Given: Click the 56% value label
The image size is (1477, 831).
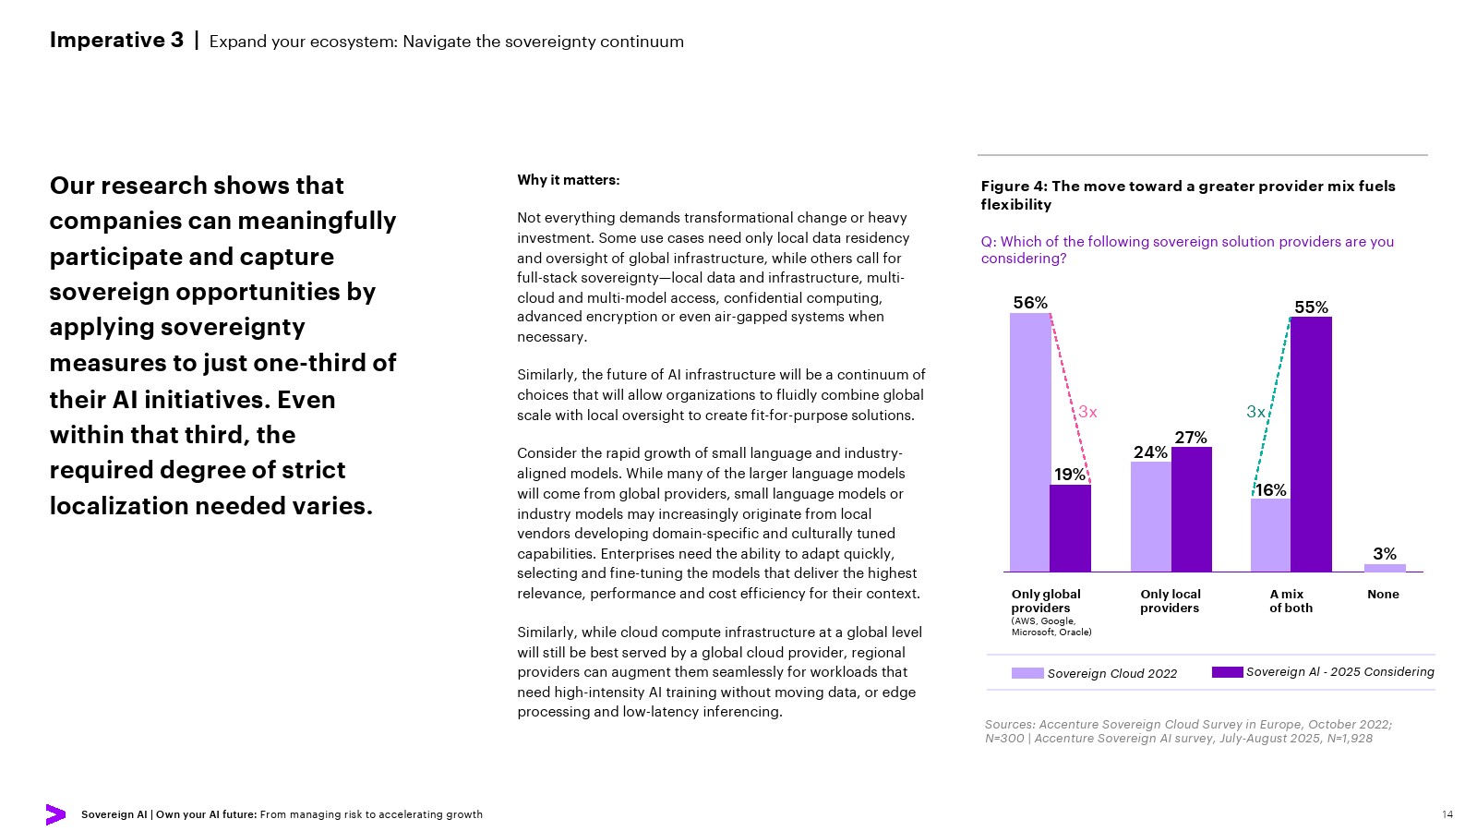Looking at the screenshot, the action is point(1030,303).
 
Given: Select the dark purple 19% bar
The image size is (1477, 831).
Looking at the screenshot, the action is point(1070,528).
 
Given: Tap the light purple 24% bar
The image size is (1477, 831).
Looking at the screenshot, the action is point(1150,516).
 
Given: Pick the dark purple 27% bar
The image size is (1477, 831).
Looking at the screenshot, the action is point(1192,509).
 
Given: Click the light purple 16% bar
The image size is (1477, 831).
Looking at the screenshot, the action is point(1270,535).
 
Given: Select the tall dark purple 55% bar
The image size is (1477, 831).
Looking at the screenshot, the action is point(1311,444).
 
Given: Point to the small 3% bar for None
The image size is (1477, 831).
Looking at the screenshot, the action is point(1385,568).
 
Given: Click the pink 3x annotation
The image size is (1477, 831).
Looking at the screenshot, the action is point(1087,412).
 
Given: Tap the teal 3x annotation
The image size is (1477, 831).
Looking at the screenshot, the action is point(1255,412).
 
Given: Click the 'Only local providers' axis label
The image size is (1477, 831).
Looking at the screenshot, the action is point(1170,601).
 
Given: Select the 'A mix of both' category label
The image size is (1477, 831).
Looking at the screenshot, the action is point(1291,601).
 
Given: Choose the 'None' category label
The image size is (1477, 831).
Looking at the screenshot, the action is point(1383,595).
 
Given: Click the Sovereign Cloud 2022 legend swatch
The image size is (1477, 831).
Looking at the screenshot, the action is point(1027,673).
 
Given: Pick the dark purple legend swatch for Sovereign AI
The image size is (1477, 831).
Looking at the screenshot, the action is point(1227,672).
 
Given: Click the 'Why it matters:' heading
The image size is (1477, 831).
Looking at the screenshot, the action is point(569,180).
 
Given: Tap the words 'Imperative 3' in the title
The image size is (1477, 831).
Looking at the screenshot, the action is point(116,41).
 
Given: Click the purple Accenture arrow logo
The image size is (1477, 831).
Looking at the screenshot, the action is point(55,814).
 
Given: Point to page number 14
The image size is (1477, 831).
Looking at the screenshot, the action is point(1447,814).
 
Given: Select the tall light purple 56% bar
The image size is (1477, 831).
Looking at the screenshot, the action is point(1030,442).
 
